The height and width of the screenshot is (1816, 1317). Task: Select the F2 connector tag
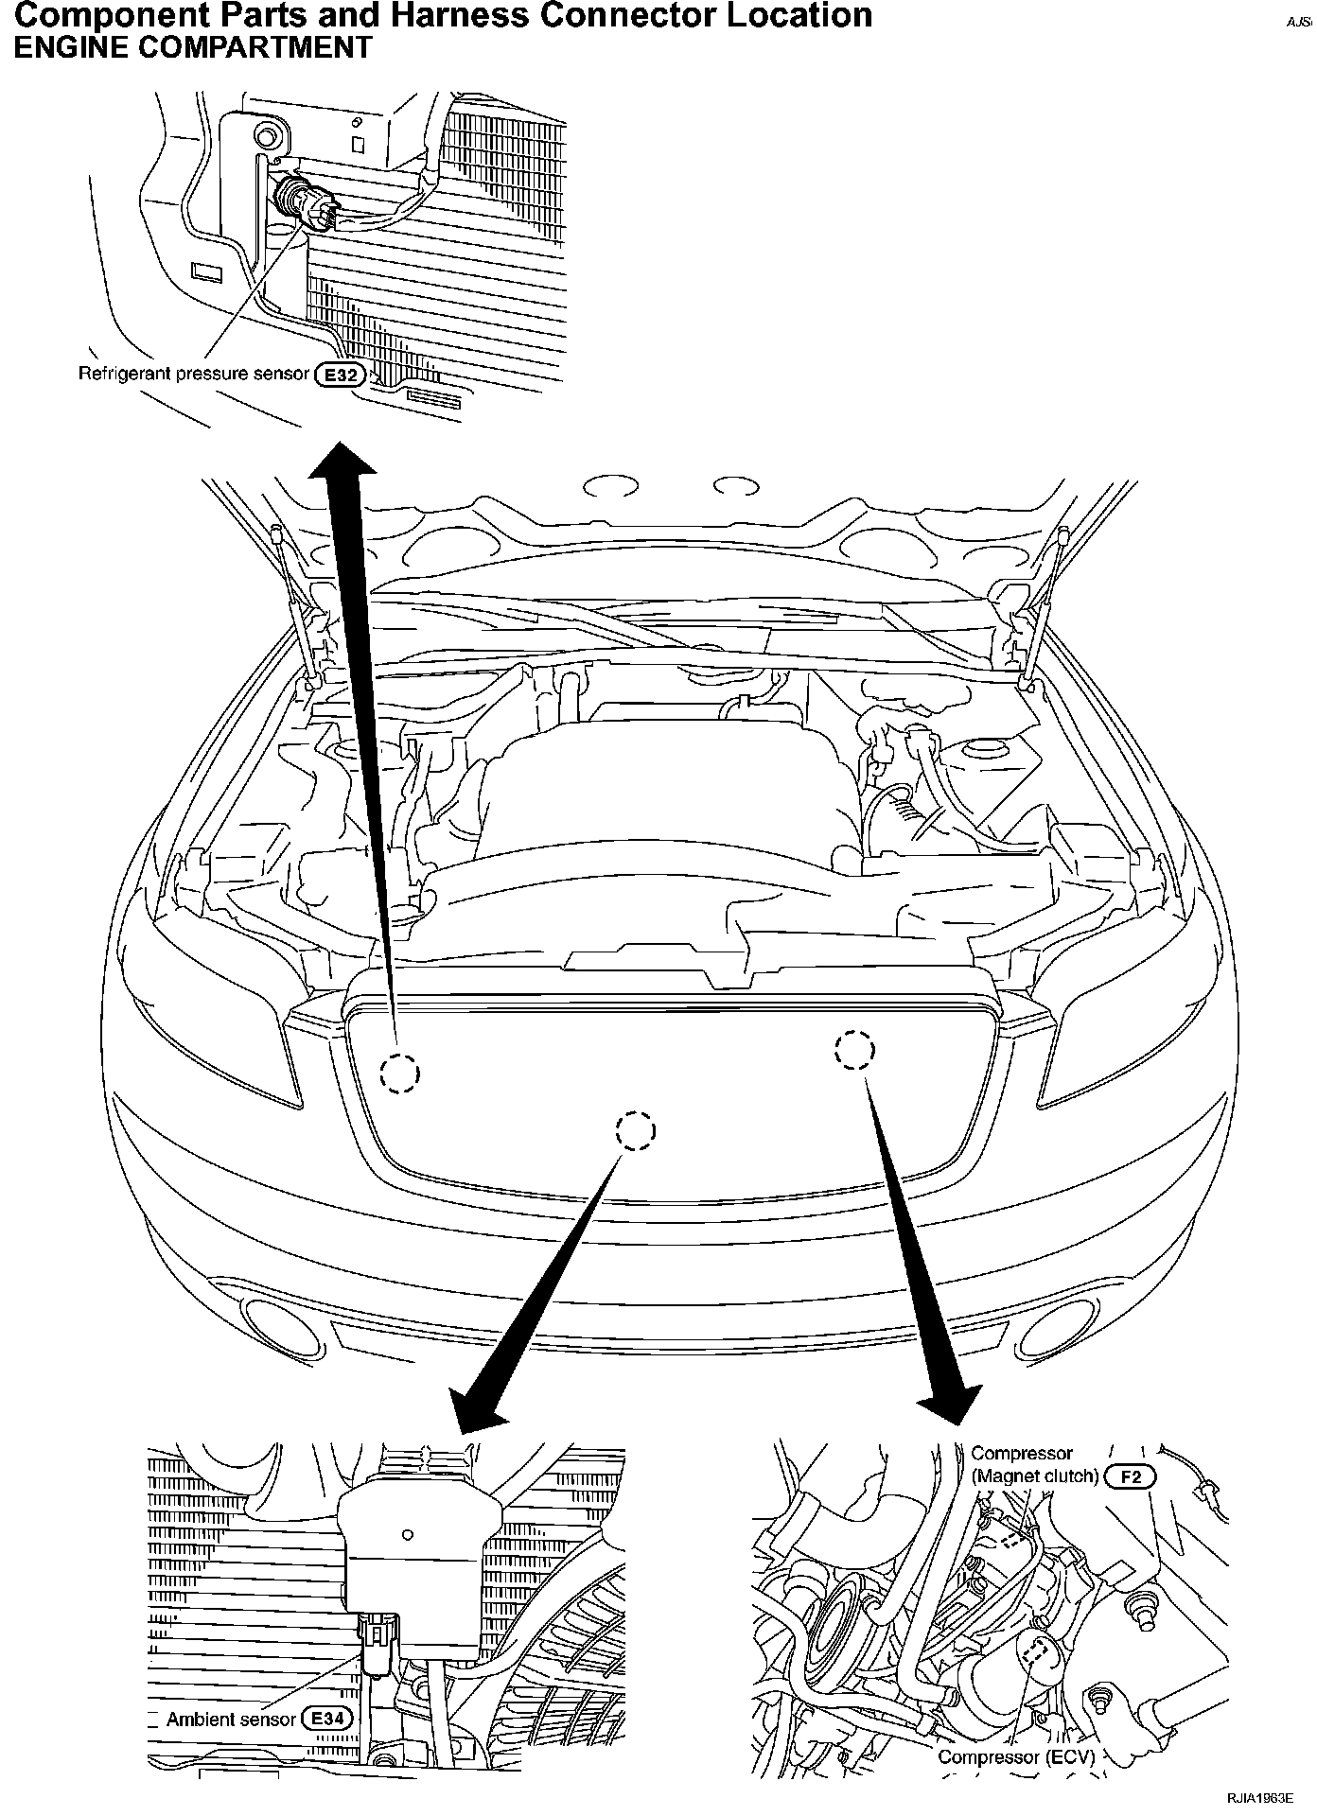1130,1475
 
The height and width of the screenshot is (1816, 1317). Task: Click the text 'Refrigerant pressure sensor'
193,374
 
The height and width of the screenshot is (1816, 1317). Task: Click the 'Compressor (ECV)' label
1015,1756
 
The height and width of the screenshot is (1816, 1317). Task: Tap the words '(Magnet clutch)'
1034,1475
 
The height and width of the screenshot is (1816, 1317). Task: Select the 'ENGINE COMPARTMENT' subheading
192,47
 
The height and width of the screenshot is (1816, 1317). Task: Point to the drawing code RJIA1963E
1259,1798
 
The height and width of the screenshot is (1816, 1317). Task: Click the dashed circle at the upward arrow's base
399,1073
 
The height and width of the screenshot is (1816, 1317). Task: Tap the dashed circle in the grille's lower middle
635,1130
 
